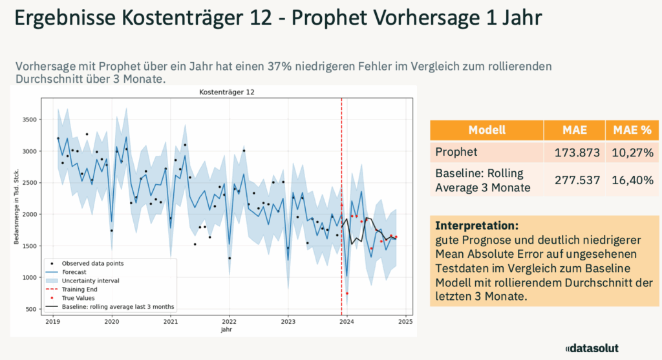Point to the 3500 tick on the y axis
tap(28, 120)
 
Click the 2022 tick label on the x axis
tap(229, 321)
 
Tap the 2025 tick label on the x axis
tap(405, 321)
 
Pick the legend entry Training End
tap(77, 290)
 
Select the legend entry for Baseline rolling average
tap(118, 306)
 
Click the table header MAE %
tap(628, 129)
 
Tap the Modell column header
tap(486, 129)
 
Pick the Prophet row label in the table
tap(456, 153)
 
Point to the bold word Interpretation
tap(476, 226)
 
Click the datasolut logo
tap(592, 348)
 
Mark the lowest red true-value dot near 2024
tap(347, 293)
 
